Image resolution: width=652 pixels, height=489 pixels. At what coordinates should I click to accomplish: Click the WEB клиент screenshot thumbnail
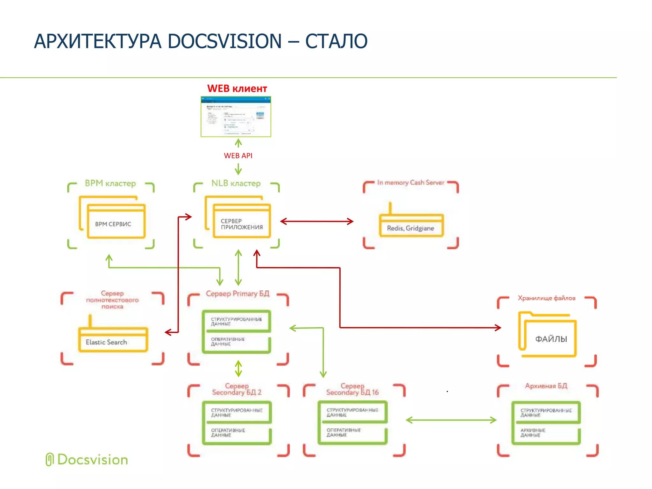pos(236,117)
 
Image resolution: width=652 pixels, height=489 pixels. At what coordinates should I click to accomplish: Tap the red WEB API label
pos(238,156)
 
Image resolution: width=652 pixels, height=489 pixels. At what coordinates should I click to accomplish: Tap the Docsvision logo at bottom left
pos(87,460)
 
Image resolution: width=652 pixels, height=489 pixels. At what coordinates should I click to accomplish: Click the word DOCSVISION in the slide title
pos(224,41)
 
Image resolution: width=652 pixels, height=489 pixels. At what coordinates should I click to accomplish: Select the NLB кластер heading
pos(236,183)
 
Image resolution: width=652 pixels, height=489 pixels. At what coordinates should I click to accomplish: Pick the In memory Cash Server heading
pos(411,182)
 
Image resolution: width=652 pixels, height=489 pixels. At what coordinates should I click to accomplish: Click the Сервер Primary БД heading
pos(237,294)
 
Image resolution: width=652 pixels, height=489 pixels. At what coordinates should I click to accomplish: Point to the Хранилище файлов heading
pos(546,298)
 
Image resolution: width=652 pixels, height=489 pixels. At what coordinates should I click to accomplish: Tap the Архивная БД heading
pos(546,386)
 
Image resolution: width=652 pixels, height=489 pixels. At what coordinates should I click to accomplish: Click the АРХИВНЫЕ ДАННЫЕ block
pos(546,435)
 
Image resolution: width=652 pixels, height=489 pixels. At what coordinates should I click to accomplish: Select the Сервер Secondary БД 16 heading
pos(352,389)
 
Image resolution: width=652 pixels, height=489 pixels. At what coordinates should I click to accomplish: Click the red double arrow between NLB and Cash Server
pos(317,221)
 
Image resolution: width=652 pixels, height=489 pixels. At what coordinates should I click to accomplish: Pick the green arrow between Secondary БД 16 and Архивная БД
pos(451,420)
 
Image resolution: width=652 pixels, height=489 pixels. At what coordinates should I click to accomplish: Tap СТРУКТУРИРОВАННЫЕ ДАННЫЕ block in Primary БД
pos(237,321)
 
